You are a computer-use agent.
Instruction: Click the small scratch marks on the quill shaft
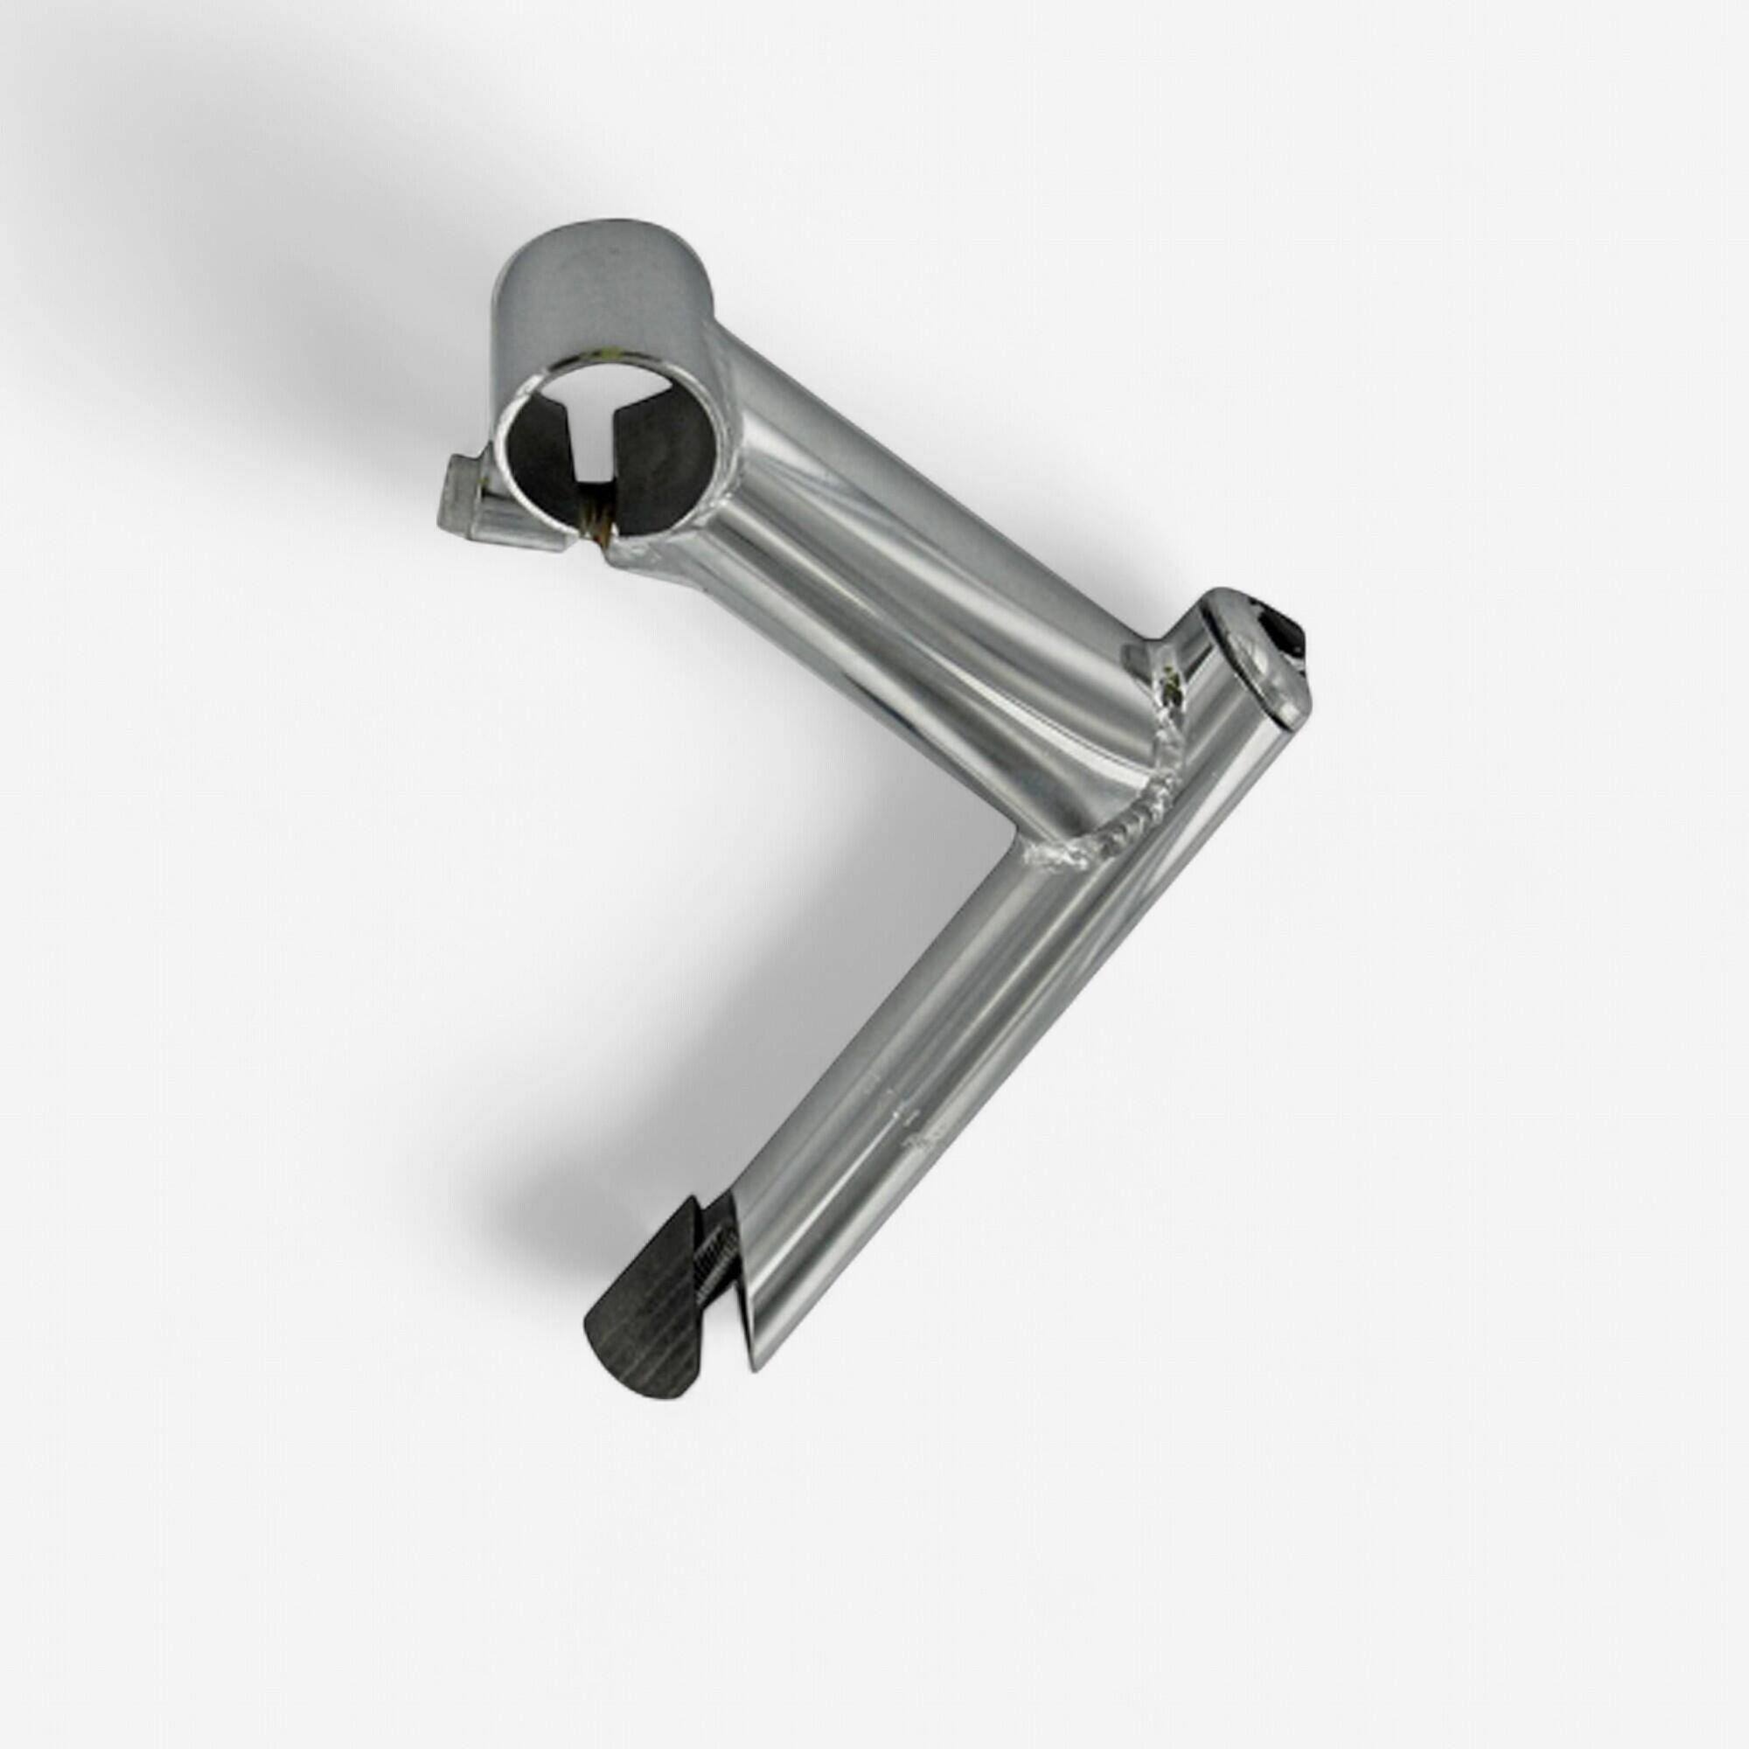[905, 1123]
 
